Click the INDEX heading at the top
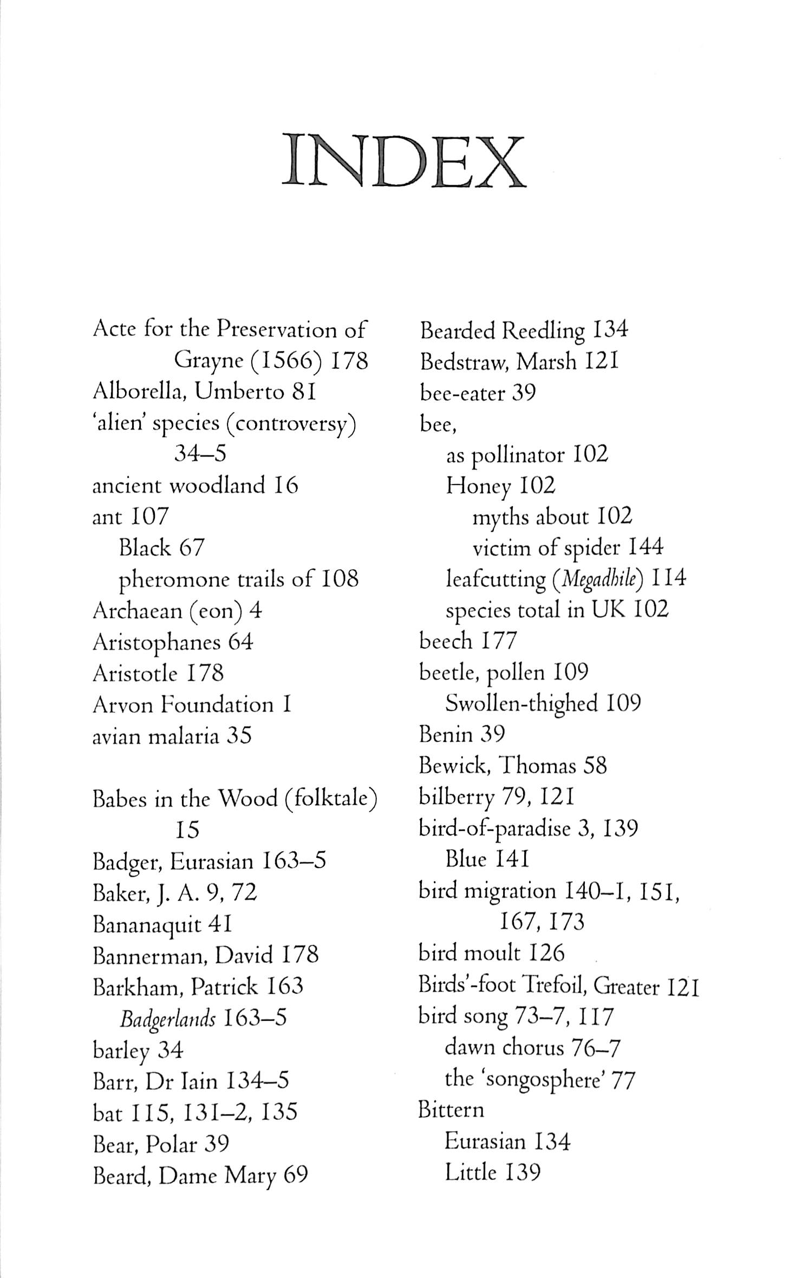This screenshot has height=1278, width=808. pyautogui.click(x=403, y=160)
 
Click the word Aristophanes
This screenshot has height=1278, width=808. pyautogui.click(x=157, y=643)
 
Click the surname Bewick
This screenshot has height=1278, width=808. pyautogui.click(x=453, y=766)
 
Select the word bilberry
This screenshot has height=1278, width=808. pyautogui.click(x=457, y=798)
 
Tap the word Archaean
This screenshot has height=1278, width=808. pyautogui.click(x=137, y=611)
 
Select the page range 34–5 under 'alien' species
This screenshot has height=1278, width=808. pyautogui.click(x=200, y=454)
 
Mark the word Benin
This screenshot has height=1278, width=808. pyautogui.click(x=446, y=735)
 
